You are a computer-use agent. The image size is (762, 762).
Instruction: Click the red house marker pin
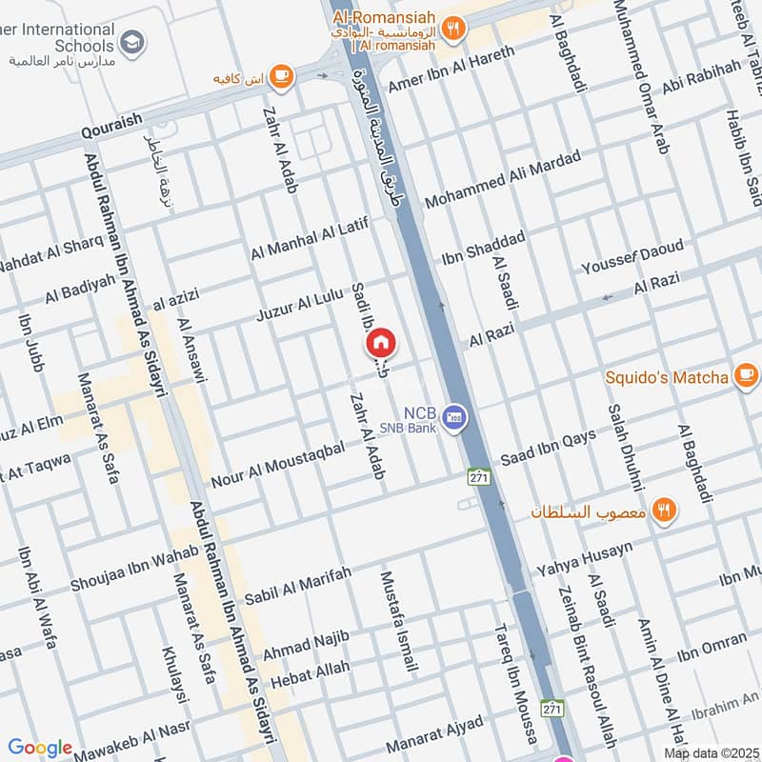[380, 342]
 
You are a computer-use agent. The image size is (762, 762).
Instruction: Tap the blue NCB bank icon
[457, 416]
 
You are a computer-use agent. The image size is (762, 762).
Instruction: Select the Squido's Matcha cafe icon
[745, 376]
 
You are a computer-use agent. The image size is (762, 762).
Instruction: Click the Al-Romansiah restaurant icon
[452, 29]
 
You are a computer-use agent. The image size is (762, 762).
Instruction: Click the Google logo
[40, 748]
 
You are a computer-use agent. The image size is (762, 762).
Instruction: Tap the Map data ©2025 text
[711, 752]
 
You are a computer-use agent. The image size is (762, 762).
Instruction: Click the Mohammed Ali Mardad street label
[502, 180]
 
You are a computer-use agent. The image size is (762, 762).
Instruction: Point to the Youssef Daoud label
[632, 257]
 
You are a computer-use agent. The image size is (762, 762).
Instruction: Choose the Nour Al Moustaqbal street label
[278, 460]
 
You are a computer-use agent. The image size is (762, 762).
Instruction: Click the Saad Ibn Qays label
[548, 444]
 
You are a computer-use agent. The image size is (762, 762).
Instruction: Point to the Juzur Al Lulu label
[299, 304]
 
